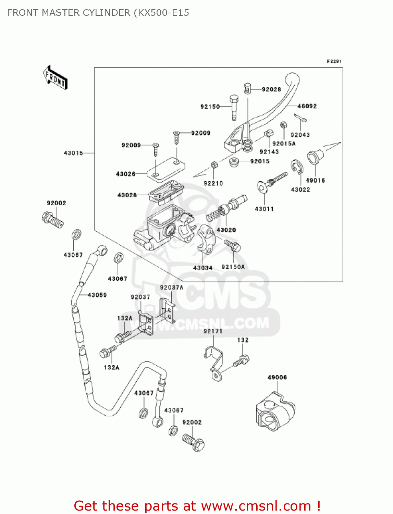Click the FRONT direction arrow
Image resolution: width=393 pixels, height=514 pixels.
[x=55, y=78]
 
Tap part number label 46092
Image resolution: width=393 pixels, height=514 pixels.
[x=307, y=106]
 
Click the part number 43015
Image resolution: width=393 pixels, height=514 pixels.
[x=73, y=153]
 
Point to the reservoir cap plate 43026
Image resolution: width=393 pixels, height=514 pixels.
[x=166, y=169]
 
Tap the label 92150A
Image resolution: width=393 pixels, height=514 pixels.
[x=233, y=267]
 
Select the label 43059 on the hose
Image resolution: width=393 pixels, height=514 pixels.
[x=97, y=295]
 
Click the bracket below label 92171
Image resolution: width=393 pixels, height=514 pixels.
[x=214, y=363]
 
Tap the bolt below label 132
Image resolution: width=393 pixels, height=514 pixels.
[x=242, y=361]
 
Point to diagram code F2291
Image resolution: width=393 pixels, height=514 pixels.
[x=334, y=61]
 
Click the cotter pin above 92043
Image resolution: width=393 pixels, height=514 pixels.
[x=300, y=118]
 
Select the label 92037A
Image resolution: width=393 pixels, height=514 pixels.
[x=171, y=287]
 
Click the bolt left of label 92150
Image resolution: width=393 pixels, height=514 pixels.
[x=234, y=107]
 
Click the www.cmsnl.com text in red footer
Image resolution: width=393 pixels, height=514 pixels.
[x=256, y=506]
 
